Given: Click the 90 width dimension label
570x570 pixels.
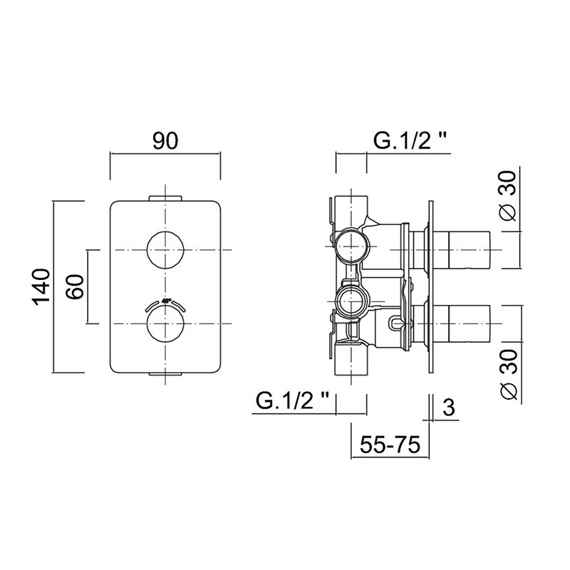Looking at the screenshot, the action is click(x=165, y=141).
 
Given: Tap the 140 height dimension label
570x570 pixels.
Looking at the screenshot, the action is click(x=41, y=287).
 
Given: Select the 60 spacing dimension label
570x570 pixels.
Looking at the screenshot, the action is click(x=75, y=287).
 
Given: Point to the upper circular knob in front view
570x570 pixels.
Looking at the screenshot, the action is click(x=165, y=250).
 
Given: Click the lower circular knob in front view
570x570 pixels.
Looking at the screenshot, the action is click(x=165, y=323).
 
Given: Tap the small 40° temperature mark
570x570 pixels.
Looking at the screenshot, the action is click(x=166, y=301).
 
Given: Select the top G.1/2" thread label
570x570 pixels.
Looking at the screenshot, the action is click(x=410, y=140).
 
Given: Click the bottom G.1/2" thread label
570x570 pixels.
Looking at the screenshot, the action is click(x=292, y=401).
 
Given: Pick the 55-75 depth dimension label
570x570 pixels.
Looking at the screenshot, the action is click(x=390, y=444).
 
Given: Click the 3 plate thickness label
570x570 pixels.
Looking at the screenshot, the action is click(x=449, y=407).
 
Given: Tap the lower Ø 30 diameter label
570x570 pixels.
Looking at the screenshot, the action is click(x=509, y=375).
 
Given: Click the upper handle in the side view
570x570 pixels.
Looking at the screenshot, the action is click(x=470, y=250).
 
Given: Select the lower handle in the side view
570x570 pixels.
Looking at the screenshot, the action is click(x=470, y=323).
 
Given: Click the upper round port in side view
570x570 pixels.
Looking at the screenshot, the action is click(x=351, y=245).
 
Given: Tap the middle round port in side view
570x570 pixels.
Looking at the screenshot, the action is click(x=351, y=301).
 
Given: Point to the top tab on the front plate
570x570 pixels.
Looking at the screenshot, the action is click(x=165, y=198).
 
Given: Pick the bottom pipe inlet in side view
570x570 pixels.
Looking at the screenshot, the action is click(x=351, y=359).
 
